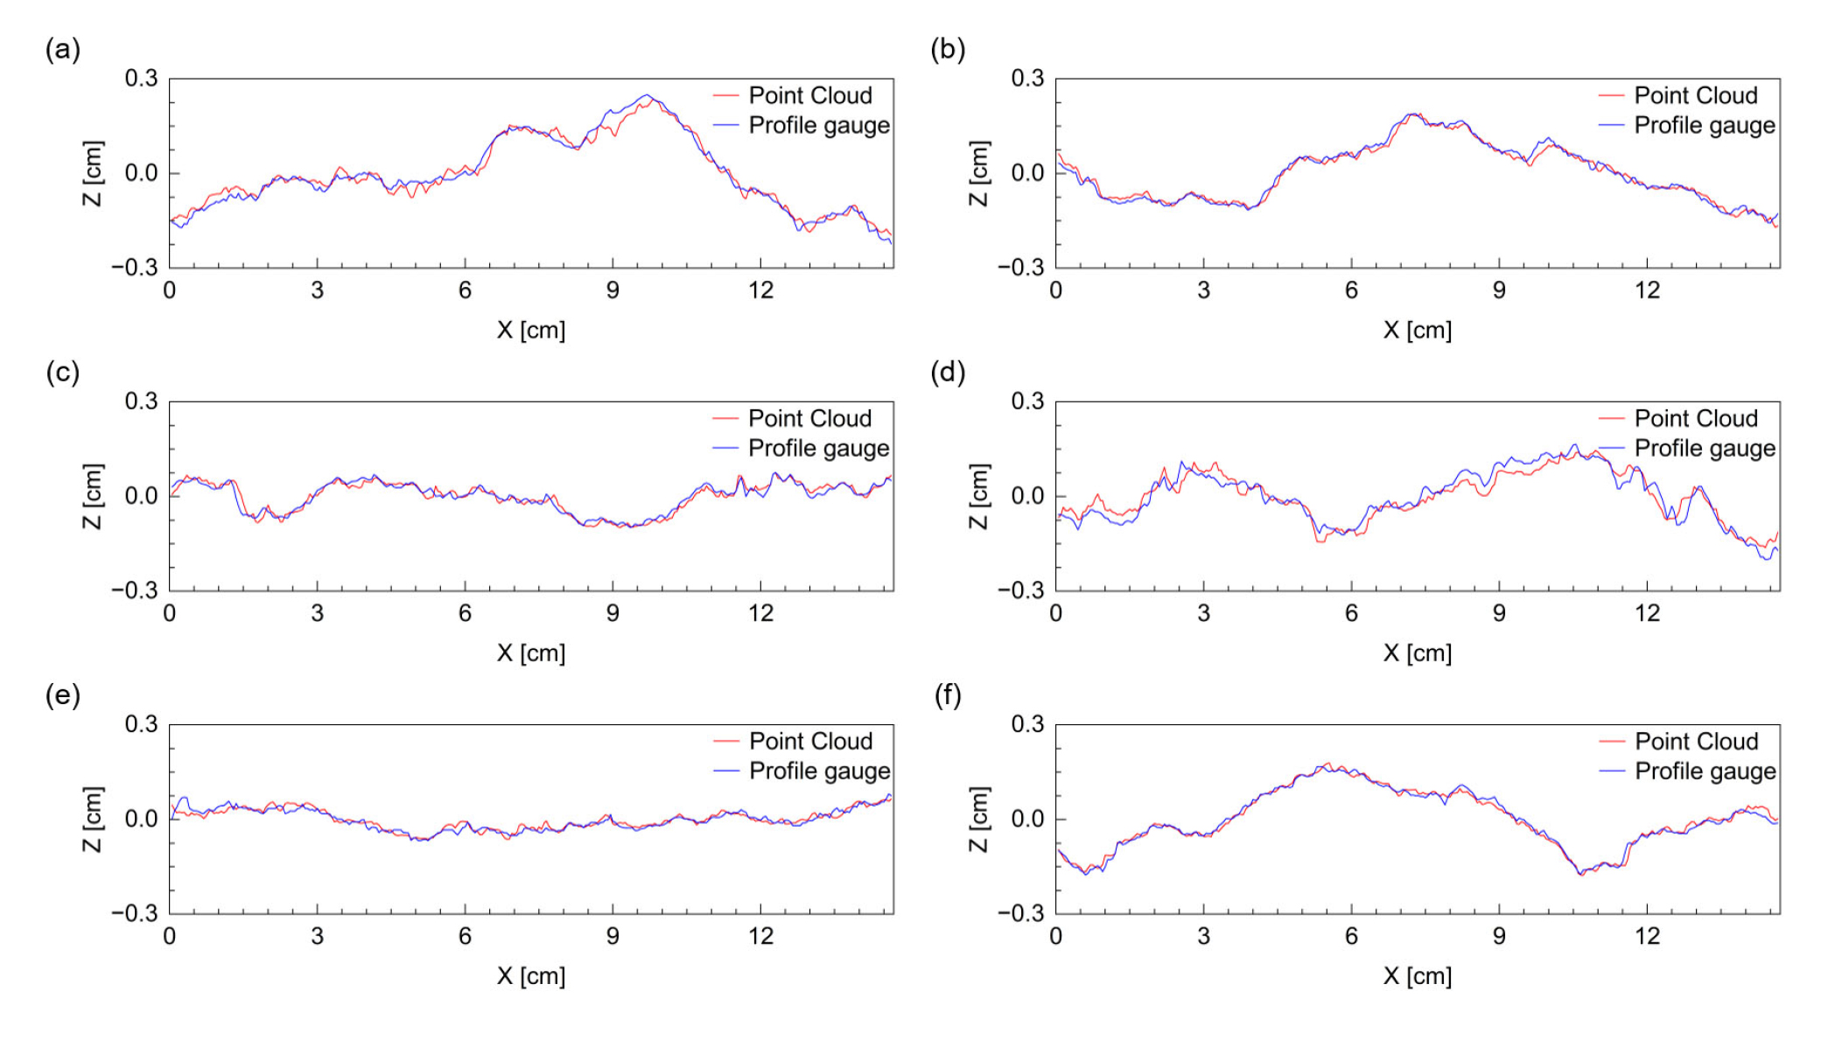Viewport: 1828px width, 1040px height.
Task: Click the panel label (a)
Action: tap(63, 50)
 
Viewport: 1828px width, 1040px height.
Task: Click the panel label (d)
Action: tap(948, 373)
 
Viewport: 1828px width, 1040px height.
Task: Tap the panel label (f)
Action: tap(948, 695)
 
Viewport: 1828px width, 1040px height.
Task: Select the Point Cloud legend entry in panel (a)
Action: tap(809, 95)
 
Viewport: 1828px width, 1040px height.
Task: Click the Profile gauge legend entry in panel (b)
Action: tap(1704, 125)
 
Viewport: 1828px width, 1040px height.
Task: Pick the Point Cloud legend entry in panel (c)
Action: tap(809, 418)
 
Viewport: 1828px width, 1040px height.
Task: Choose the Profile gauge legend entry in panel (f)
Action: tap(1704, 771)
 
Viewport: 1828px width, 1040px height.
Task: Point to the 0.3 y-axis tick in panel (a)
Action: tap(142, 79)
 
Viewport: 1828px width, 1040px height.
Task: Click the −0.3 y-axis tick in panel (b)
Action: tap(1021, 268)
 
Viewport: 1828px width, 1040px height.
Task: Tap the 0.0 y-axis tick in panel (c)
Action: tap(142, 496)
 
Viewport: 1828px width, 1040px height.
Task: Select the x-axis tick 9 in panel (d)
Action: tap(1499, 613)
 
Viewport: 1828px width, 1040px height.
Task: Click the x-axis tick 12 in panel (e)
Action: tap(760, 936)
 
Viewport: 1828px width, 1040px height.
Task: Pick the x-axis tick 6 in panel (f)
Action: tap(1351, 936)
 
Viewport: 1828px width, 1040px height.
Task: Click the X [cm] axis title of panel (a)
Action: tap(531, 331)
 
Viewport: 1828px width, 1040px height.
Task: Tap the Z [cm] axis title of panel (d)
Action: tap(978, 496)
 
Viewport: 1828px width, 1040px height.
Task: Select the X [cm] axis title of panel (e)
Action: tap(531, 976)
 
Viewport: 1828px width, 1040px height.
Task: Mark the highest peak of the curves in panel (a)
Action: tap(647, 95)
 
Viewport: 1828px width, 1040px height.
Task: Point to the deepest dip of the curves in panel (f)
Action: tap(1580, 874)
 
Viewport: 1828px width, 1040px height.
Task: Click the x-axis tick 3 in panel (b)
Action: tap(1203, 290)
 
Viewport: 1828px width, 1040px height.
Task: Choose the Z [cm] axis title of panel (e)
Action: tap(93, 819)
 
